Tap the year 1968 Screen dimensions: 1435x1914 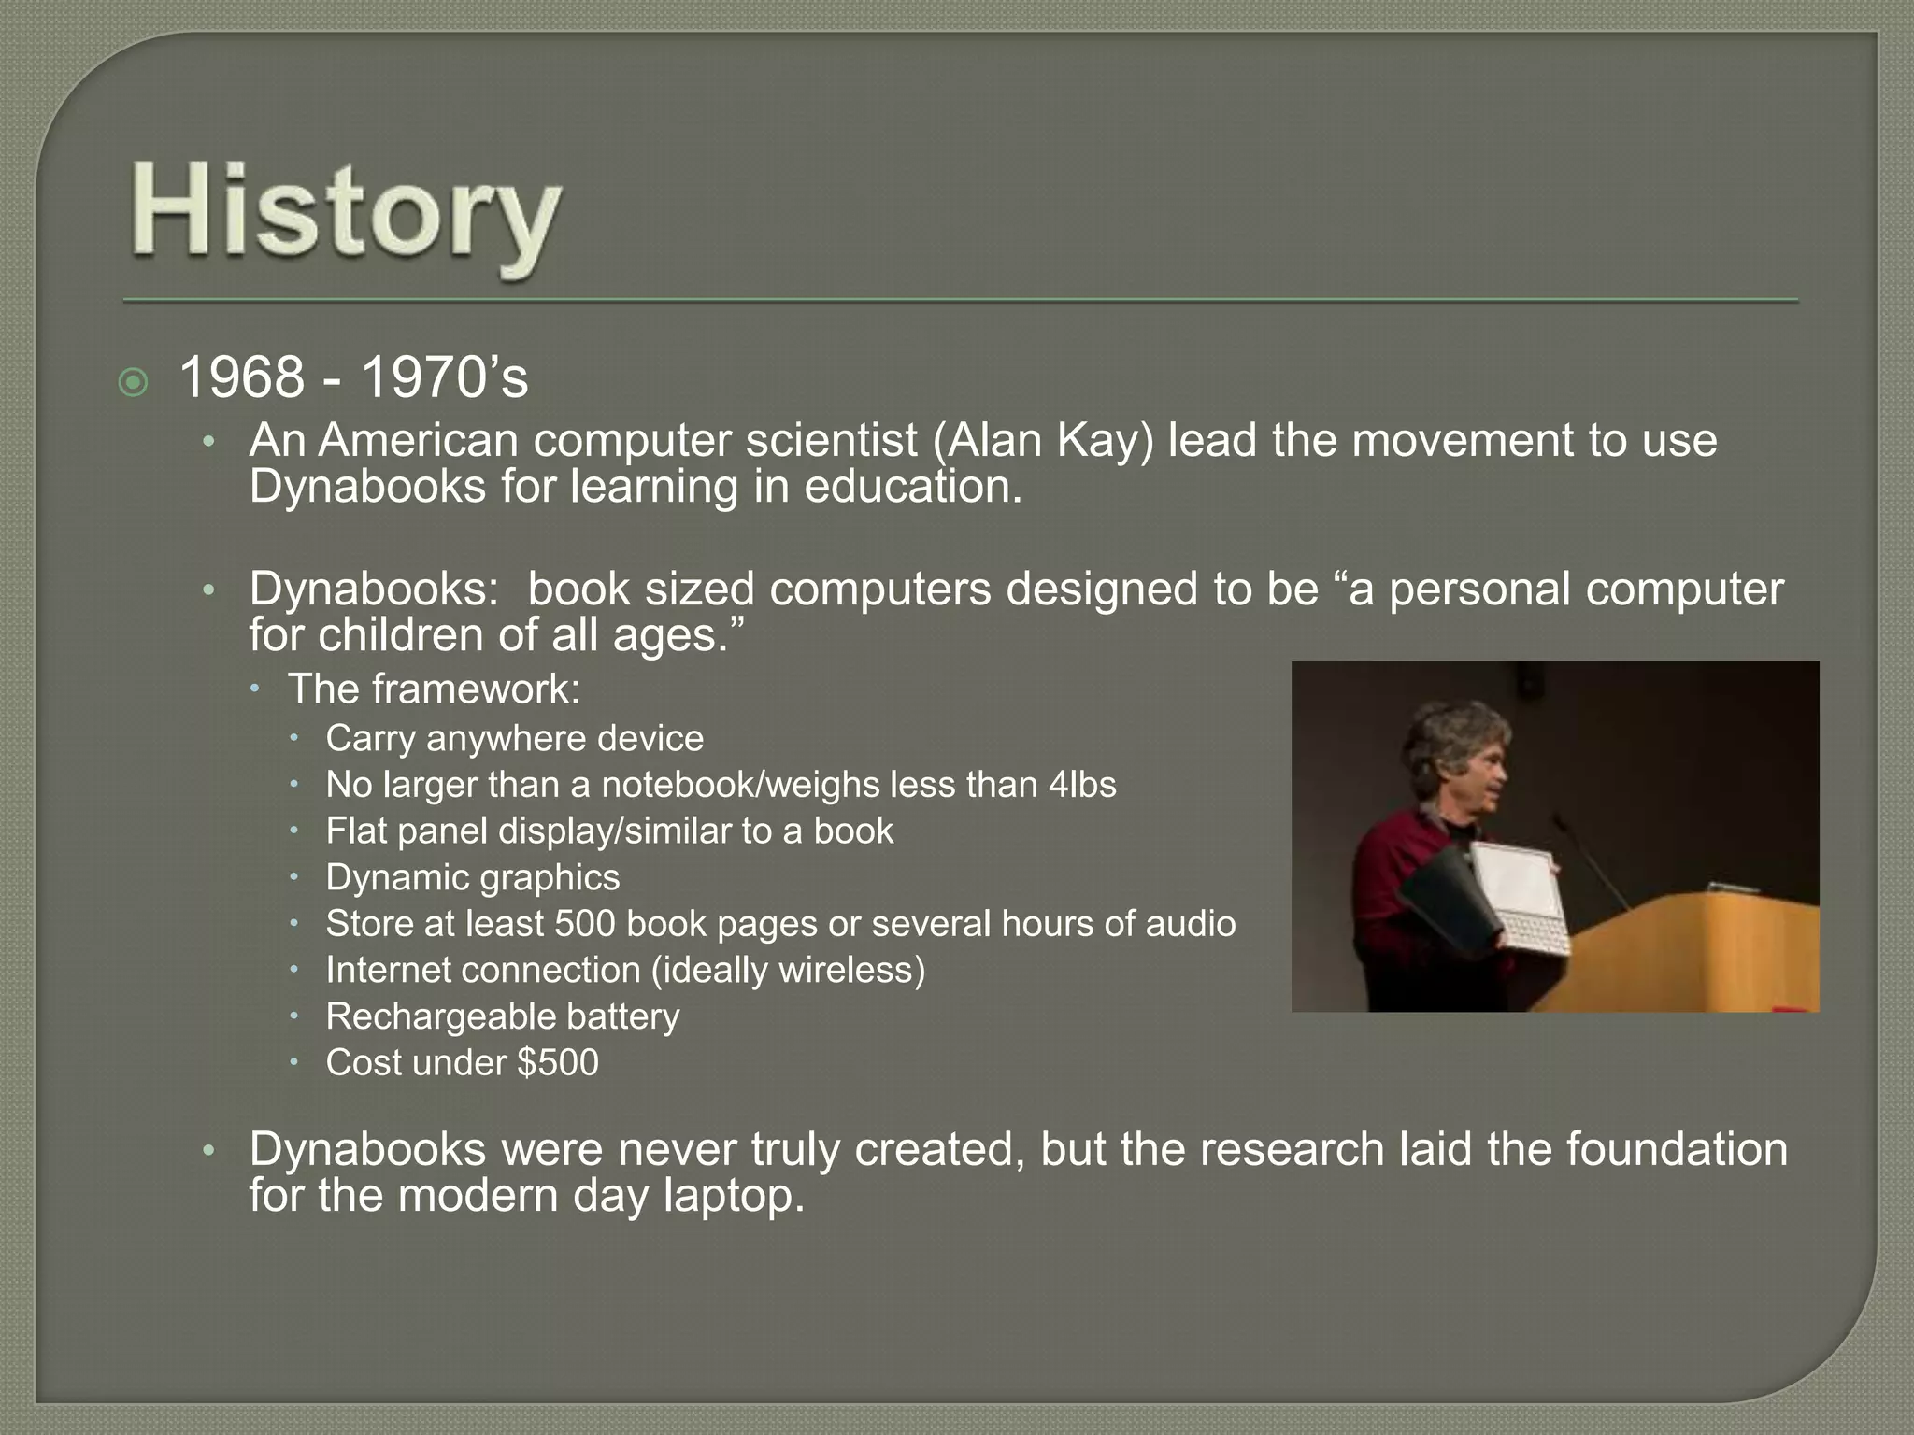click(x=241, y=378)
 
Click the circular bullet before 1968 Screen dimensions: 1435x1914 click(x=134, y=382)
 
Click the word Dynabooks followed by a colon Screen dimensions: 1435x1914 click(x=374, y=590)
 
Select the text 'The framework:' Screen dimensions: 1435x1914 click(x=434, y=689)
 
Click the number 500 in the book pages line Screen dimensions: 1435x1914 click(x=585, y=924)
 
